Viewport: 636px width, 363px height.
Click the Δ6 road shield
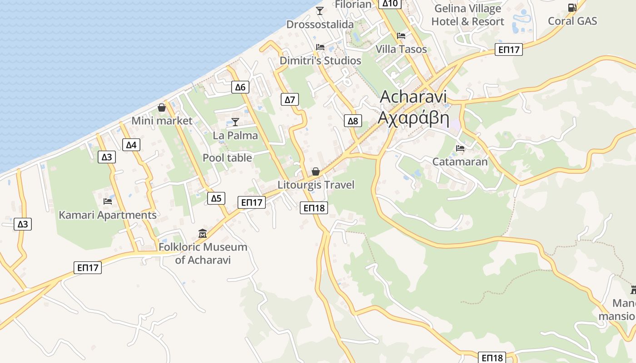(x=240, y=87)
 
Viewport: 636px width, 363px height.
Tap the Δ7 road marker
(x=290, y=99)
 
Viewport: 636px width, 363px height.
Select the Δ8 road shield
(x=353, y=121)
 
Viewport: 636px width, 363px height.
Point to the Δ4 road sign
(x=131, y=145)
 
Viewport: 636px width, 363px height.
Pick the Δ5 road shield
(x=216, y=198)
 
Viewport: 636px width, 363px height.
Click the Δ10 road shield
(x=390, y=4)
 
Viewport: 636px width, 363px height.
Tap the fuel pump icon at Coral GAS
(x=571, y=8)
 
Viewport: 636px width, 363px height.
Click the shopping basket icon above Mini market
(x=161, y=108)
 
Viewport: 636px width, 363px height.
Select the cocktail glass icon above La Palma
(x=235, y=122)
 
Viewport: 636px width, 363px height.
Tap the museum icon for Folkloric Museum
(x=203, y=234)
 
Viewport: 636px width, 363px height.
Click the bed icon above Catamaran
(x=460, y=148)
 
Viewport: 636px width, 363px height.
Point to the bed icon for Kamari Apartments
(x=108, y=201)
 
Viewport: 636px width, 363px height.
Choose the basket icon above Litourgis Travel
(x=315, y=172)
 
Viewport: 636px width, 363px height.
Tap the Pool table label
(x=227, y=158)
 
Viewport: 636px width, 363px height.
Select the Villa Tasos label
(x=401, y=49)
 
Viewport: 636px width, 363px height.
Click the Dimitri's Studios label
(x=320, y=61)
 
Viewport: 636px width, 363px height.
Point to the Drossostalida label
(x=320, y=25)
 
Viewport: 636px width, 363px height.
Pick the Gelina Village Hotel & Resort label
(x=467, y=15)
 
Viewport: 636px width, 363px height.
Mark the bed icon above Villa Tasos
(x=401, y=35)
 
